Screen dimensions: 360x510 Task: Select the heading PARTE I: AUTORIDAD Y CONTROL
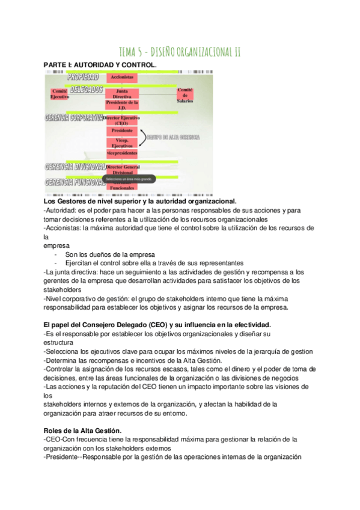click(x=100, y=64)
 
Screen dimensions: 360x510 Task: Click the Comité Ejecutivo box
click(x=59, y=93)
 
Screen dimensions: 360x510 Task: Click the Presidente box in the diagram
click(x=122, y=131)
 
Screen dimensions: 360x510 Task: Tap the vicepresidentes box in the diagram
click(x=122, y=154)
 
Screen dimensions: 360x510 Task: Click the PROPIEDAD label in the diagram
click(x=83, y=77)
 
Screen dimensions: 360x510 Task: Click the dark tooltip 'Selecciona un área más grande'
click(x=129, y=179)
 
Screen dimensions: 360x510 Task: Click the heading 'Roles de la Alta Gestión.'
click(x=83, y=431)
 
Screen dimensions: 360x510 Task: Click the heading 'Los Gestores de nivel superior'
click(x=141, y=201)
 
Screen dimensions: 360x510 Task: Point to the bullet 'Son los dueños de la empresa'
click(x=110, y=254)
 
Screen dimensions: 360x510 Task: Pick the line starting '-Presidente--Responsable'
click(x=172, y=456)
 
